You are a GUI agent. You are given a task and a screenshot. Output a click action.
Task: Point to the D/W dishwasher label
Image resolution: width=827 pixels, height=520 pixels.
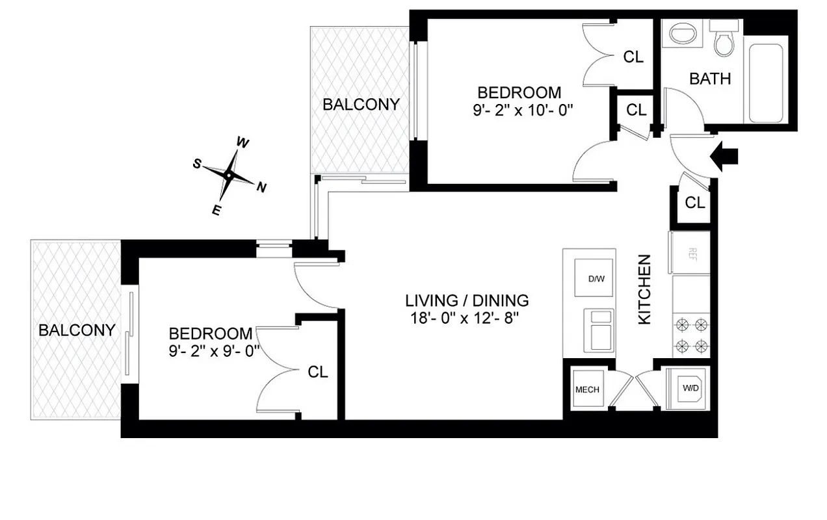point(596,279)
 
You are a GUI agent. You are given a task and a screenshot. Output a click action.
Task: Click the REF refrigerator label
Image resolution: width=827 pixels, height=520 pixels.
point(692,252)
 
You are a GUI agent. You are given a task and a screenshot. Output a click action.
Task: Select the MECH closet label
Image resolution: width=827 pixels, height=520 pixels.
point(587,390)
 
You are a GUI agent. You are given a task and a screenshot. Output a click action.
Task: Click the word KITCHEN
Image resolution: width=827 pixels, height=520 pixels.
point(644,290)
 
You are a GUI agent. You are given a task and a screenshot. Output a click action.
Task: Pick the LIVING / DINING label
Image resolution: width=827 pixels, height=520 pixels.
point(467,301)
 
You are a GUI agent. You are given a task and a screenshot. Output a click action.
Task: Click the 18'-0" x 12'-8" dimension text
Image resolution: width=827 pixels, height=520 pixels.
point(467,318)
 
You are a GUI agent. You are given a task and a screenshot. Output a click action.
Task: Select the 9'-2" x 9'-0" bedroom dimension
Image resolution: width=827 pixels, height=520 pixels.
point(210,352)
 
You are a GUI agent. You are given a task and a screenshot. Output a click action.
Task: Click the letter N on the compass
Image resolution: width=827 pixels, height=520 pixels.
point(261,188)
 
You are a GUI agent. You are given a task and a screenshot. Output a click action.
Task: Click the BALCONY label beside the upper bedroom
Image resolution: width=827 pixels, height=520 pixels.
point(361,104)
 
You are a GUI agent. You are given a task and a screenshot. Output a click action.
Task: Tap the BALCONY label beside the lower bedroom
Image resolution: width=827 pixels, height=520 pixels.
point(77,330)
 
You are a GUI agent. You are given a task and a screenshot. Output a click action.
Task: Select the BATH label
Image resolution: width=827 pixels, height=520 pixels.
point(710,79)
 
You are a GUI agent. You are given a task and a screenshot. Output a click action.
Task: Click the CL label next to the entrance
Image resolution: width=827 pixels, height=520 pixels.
point(694,203)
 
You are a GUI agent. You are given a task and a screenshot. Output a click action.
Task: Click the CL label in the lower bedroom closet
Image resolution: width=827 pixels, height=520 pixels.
point(318,372)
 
